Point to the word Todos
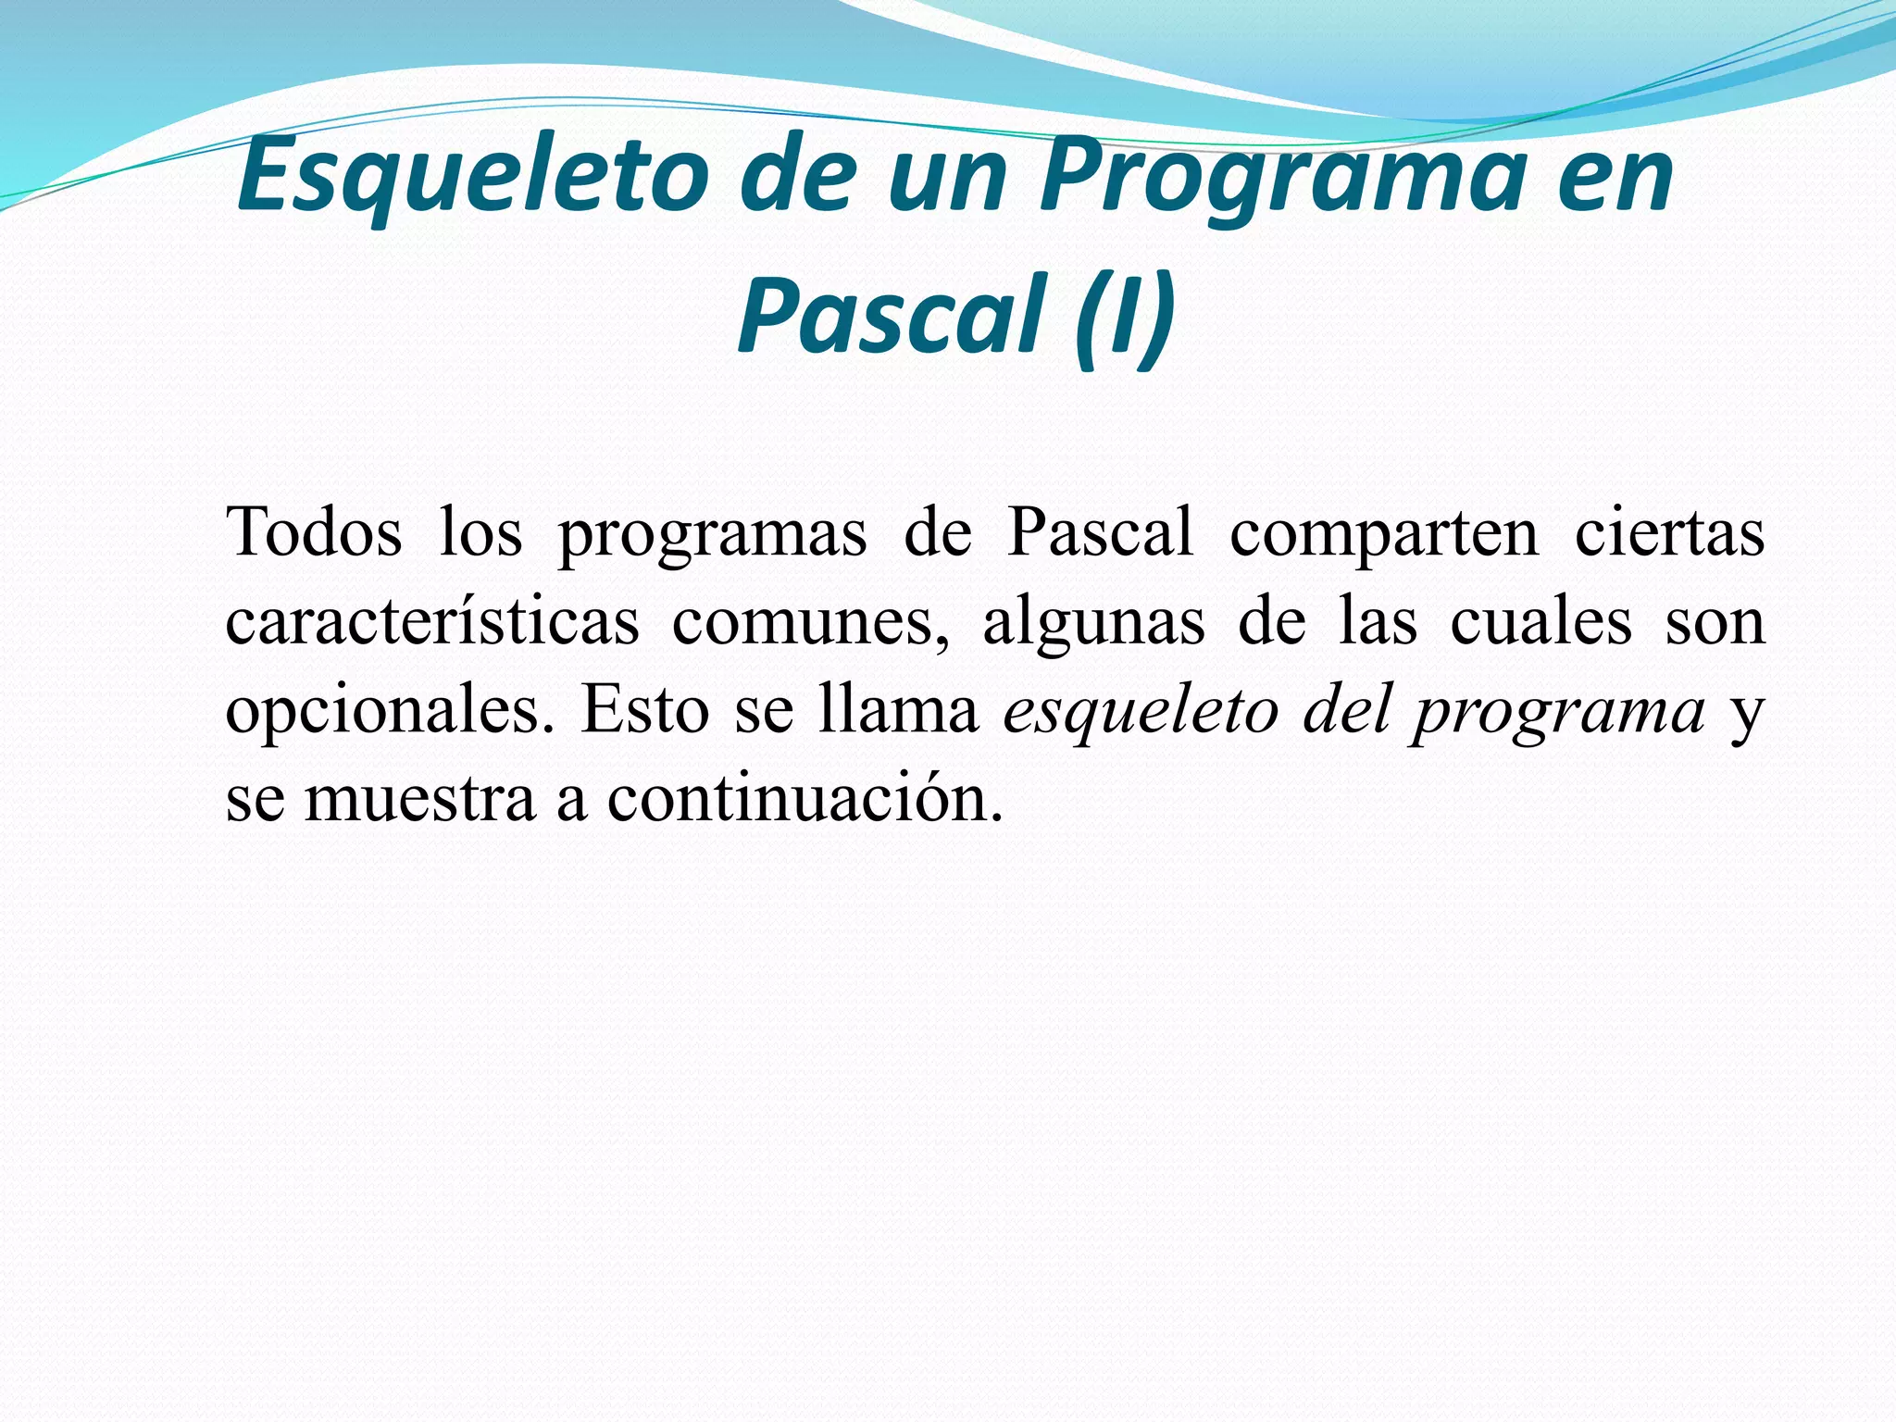pyautogui.click(x=314, y=533)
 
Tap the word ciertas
pyautogui.click(x=1670, y=533)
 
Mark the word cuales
pyautogui.click(x=1540, y=622)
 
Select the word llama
pyautogui.click(x=899, y=711)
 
